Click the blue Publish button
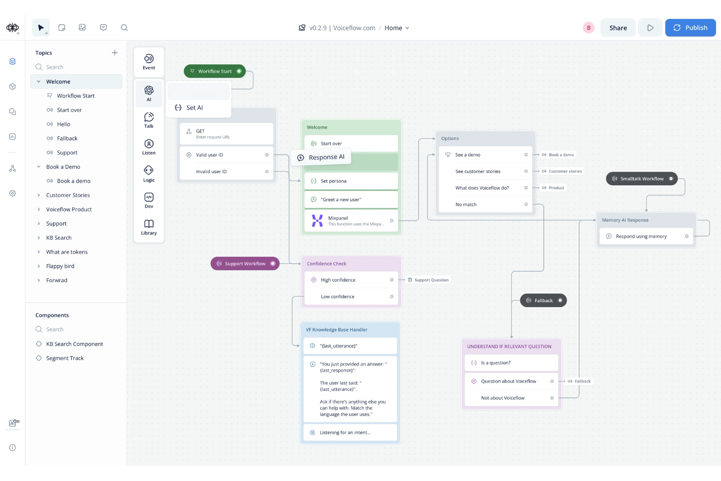click(x=690, y=28)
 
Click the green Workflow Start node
click(x=214, y=71)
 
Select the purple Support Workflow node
click(x=245, y=264)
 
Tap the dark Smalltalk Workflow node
click(x=641, y=179)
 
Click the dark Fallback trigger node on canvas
click(x=543, y=301)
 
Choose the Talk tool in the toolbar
click(x=149, y=120)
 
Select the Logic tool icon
click(x=149, y=173)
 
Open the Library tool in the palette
click(x=149, y=227)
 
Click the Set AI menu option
click(x=194, y=108)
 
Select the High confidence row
click(x=351, y=280)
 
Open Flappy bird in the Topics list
click(x=60, y=266)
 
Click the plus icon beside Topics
click(x=114, y=53)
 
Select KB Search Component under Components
click(x=75, y=344)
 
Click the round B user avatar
click(x=588, y=28)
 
